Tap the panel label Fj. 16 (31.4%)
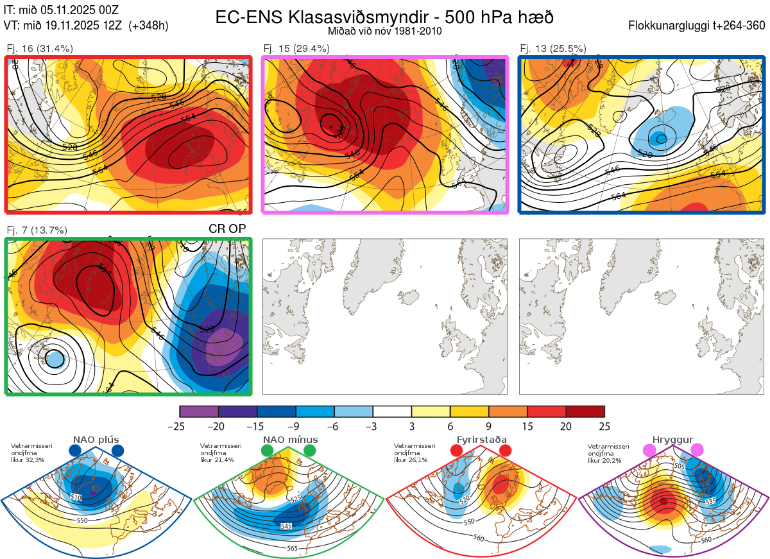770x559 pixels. (x=40, y=49)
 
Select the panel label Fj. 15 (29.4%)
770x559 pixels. (x=296, y=49)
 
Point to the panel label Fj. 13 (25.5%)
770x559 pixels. (x=553, y=49)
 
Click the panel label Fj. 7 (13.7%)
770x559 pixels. (x=37, y=230)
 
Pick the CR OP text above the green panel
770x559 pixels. (x=227, y=228)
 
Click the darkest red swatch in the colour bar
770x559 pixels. (x=585, y=411)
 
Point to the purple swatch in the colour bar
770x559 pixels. (x=199, y=411)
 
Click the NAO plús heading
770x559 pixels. (x=96, y=440)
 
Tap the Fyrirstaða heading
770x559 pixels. (x=481, y=440)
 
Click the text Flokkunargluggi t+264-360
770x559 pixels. (x=697, y=26)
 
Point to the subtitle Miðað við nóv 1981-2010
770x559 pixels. (x=384, y=31)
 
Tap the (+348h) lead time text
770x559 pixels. (x=148, y=26)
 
